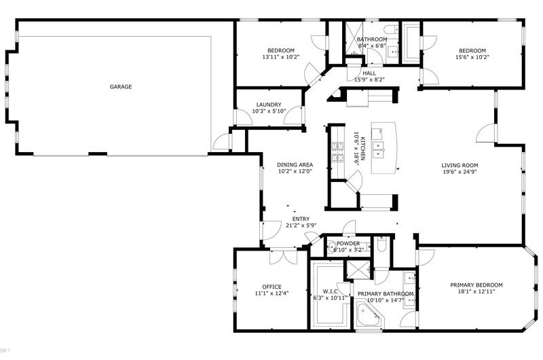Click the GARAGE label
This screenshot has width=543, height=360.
click(x=121, y=87)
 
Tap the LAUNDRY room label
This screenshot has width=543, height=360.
click(x=269, y=105)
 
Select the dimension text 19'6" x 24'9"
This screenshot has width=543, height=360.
click(x=460, y=172)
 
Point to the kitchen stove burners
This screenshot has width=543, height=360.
click(x=337, y=152)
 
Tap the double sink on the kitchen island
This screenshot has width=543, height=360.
click(x=378, y=149)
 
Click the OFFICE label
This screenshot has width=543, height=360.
click(x=272, y=287)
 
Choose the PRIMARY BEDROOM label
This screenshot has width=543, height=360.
click(x=476, y=285)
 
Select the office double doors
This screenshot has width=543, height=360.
click(x=283, y=257)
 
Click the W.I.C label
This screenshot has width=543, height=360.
click(x=330, y=291)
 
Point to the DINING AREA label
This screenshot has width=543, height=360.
click(x=295, y=165)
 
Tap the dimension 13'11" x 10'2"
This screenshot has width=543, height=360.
click(x=281, y=57)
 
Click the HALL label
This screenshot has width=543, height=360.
click(x=369, y=73)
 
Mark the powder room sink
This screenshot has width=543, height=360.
click(x=332, y=246)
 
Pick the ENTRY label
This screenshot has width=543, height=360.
click(x=301, y=219)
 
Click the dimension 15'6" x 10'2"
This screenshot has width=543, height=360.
click(x=472, y=57)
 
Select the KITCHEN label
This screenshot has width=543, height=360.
click(x=362, y=149)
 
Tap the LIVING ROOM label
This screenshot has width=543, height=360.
click(x=460, y=165)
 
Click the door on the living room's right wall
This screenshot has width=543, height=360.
click(x=487, y=132)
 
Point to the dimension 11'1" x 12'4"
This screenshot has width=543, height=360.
click(x=272, y=293)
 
